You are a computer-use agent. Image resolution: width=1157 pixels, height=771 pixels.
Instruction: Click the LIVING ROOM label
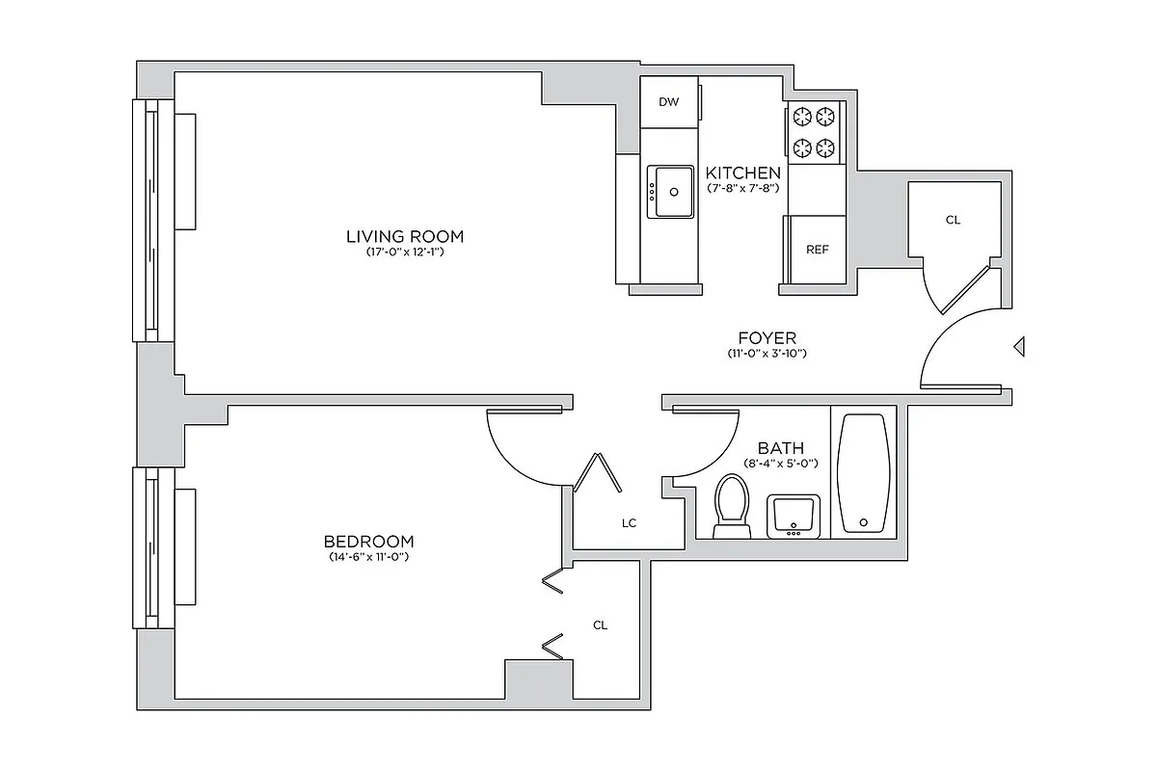(405, 236)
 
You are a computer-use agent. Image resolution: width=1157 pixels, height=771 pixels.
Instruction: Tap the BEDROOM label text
(368, 541)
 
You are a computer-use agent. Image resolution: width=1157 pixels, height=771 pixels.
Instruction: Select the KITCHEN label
(743, 173)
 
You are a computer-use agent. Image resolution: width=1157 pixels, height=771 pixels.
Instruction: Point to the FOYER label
(767, 338)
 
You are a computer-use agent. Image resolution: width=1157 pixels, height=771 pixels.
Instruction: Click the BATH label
(780, 448)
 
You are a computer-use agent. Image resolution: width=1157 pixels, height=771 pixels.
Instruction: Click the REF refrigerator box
(817, 250)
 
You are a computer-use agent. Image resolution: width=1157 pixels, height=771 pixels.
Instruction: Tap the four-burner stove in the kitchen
(813, 132)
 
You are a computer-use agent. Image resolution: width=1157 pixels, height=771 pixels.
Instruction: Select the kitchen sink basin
(670, 191)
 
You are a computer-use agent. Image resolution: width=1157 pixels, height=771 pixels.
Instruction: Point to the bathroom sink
(794, 516)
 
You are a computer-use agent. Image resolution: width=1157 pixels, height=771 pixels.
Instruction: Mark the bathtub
(863, 472)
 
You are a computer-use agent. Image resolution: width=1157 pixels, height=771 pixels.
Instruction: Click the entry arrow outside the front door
(1019, 347)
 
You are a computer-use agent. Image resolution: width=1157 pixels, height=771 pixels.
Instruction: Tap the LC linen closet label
(629, 523)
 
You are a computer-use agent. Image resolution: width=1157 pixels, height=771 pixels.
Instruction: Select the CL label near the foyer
(953, 220)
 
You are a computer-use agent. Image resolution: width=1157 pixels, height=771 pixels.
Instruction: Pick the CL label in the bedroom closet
(600, 625)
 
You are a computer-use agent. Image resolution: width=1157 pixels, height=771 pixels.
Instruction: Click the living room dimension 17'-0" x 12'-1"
(405, 253)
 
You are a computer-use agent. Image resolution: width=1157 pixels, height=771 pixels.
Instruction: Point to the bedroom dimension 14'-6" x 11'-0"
(368, 557)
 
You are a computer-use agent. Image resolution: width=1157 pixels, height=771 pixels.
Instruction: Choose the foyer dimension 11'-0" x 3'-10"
(767, 354)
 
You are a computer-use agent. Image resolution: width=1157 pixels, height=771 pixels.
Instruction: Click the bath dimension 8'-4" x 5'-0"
(780, 464)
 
